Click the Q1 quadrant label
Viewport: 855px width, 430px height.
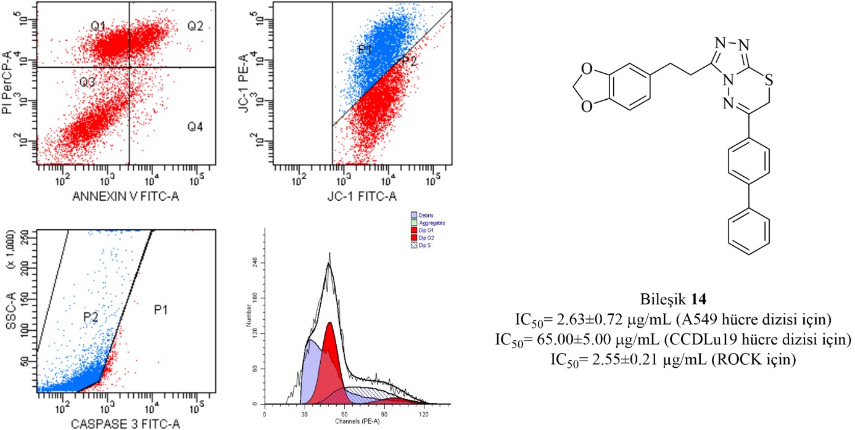coord(98,26)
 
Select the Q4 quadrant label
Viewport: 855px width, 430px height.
coord(196,127)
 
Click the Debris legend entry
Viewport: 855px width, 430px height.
coord(426,215)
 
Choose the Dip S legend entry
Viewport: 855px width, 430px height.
coord(425,245)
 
